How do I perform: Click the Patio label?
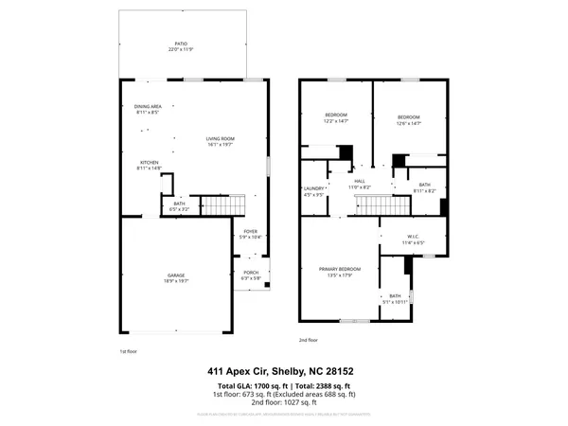(180, 45)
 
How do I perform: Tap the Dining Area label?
(149, 109)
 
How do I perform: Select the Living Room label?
(221, 141)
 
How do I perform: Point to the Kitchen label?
(150, 165)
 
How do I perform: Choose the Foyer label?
(250, 233)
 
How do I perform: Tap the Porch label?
(251, 275)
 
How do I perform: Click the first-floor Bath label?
(179, 204)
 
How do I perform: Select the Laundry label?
(313, 192)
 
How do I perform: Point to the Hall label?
(360, 183)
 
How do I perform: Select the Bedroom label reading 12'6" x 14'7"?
(408, 120)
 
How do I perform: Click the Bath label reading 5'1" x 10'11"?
(396, 298)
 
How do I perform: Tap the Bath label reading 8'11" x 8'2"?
(424, 187)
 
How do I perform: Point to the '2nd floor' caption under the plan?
(308, 339)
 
